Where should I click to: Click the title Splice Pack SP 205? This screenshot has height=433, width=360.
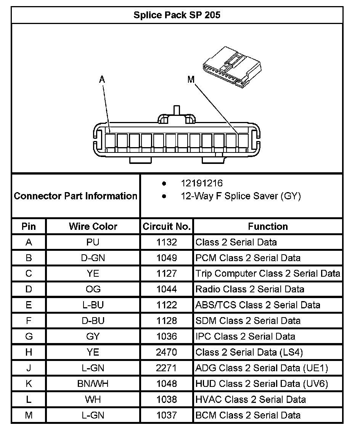point(177,15)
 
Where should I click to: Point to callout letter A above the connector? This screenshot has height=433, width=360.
point(102,79)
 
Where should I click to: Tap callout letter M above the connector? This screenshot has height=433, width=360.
point(191,80)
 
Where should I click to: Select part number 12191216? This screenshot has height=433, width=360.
point(202,183)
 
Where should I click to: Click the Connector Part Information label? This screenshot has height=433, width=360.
point(76,196)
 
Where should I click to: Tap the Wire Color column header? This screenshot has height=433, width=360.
point(93,226)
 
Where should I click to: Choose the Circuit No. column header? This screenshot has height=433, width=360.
point(167,226)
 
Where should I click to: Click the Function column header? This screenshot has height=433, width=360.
point(268,226)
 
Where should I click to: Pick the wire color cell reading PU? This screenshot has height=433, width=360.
point(93,242)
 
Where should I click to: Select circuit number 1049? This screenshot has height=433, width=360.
point(167,258)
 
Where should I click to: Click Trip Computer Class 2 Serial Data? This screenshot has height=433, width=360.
point(268,274)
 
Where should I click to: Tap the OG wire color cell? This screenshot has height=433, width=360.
point(93,289)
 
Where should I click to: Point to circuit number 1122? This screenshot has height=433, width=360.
point(167,305)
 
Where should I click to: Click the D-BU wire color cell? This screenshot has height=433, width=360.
point(93,321)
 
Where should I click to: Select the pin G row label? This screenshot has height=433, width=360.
point(29,337)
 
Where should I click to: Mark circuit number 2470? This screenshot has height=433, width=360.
point(167,352)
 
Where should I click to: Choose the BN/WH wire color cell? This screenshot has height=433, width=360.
point(93,384)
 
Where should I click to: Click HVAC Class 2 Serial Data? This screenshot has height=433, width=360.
point(251,399)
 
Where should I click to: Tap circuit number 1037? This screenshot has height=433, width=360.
point(167,415)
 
